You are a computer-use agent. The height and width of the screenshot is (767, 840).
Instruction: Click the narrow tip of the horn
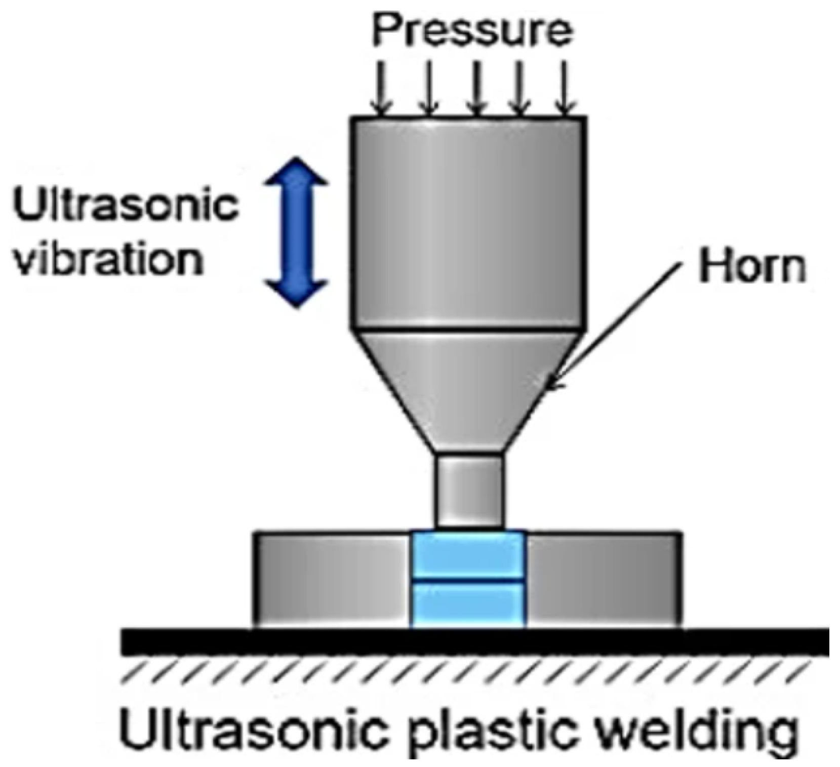pyautogui.click(x=470, y=491)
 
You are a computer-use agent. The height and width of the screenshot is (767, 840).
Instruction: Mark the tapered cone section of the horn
pyautogui.click(x=469, y=385)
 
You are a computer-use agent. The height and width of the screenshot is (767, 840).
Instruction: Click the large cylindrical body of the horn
pyautogui.click(x=469, y=223)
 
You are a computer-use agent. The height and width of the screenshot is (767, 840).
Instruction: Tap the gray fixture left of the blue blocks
pyautogui.click(x=332, y=580)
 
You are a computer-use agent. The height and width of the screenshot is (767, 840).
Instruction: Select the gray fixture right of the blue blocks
pyautogui.click(x=603, y=580)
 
